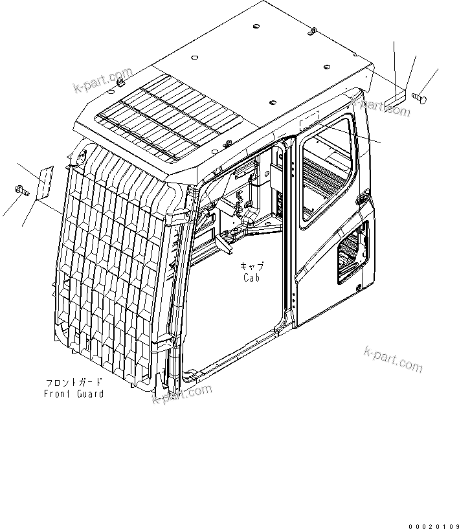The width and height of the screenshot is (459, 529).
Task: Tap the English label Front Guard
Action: [74, 394]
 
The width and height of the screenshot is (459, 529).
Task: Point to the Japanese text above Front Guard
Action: [74, 382]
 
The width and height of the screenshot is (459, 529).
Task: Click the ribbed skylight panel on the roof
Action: [169, 117]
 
